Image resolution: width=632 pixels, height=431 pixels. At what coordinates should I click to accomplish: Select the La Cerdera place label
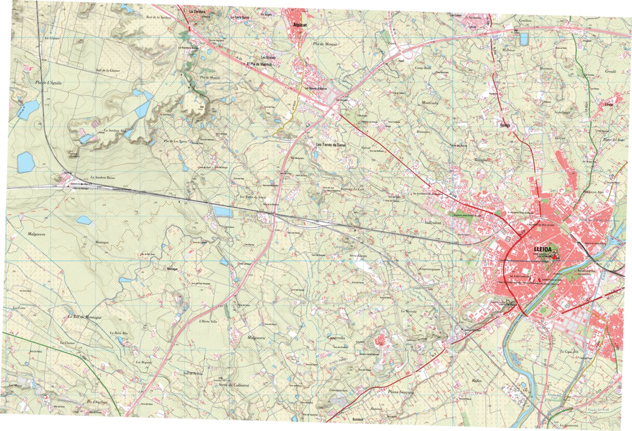click(x=198, y=11)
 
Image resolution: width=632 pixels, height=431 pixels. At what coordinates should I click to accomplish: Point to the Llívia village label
click(x=610, y=104)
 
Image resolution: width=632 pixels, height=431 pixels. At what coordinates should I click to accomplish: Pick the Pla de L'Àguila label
click(x=45, y=83)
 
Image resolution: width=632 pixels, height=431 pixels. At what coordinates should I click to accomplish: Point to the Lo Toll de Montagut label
click(x=84, y=317)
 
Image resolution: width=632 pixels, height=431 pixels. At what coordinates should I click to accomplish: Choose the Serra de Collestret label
click(x=234, y=384)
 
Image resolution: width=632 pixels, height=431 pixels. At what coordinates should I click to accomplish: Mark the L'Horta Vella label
click(x=208, y=321)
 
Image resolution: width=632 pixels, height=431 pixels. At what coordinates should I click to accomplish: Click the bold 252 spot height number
click(x=201, y=106)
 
